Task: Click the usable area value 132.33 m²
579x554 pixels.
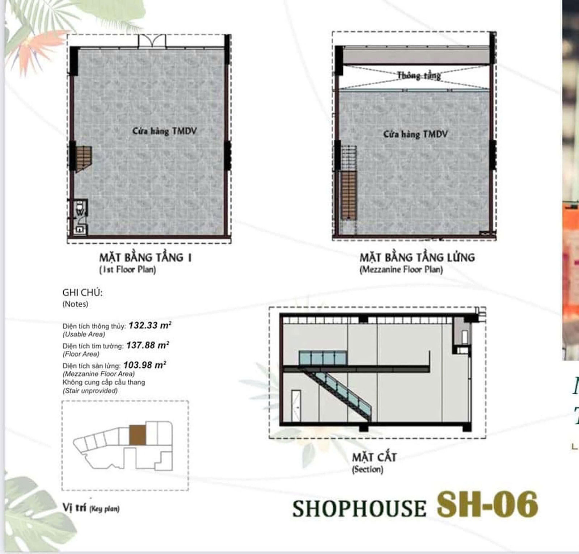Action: (150, 325)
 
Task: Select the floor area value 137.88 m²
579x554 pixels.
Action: (148, 345)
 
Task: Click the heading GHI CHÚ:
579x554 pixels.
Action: (83, 293)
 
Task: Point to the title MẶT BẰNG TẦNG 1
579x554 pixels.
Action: (145, 258)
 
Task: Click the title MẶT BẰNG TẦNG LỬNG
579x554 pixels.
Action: (417, 258)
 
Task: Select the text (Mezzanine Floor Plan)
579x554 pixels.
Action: (401, 270)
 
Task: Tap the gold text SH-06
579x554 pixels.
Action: (487, 505)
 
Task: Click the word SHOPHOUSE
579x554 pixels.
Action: (359, 508)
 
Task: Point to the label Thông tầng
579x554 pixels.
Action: (419, 76)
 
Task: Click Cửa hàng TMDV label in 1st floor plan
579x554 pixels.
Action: (164, 131)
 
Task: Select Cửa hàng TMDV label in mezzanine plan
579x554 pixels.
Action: (415, 134)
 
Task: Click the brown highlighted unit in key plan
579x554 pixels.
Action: (138, 435)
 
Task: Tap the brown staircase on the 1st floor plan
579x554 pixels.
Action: (83, 158)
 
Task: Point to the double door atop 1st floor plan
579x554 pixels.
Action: (152, 41)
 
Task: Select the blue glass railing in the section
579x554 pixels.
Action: (322, 358)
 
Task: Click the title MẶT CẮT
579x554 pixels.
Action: (374, 457)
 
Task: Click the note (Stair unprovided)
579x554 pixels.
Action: (90, 391)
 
